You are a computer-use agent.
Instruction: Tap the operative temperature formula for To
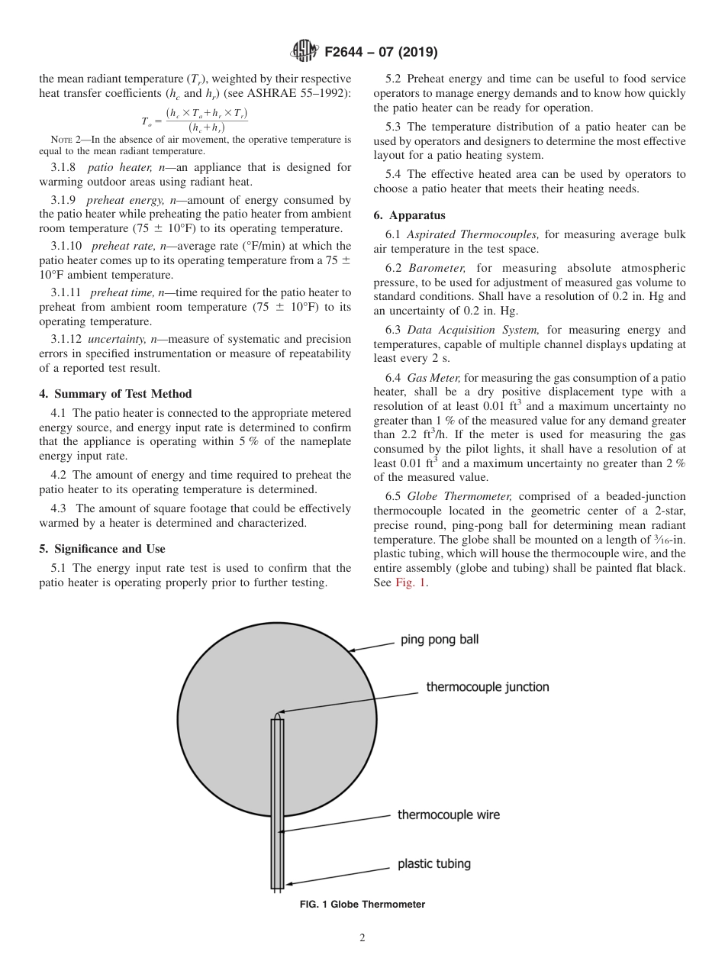click(195, 121)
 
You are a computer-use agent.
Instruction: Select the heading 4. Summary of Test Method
click(115, 394)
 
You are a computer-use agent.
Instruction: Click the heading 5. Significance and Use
click(102, 549)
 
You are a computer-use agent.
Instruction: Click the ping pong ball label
click(440, 640)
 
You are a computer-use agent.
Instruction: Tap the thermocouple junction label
click(487, 687)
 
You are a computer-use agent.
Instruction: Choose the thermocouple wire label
click(449, 815)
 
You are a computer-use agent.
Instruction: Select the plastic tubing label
click(433, 864)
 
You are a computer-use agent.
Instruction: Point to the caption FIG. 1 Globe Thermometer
click(362, 905)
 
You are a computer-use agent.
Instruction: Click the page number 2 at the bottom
click(362, 938)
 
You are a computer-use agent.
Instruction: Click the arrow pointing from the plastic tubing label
click(336, 876)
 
